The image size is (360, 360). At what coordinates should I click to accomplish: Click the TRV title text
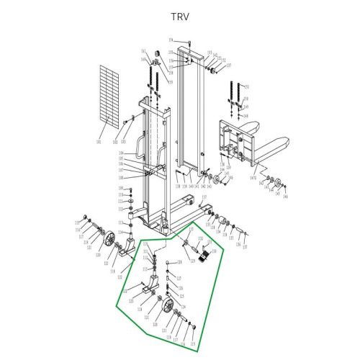179,15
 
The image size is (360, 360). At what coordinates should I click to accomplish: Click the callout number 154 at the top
171,40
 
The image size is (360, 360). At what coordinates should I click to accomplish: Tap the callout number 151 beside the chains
246,87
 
